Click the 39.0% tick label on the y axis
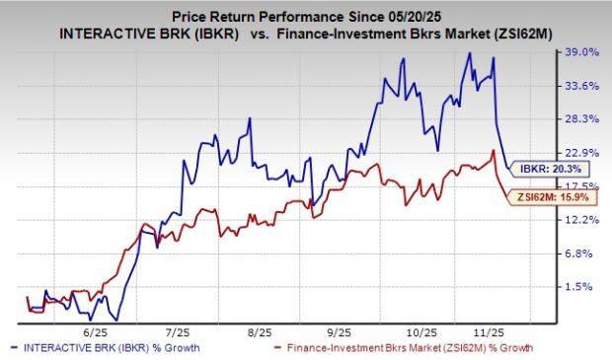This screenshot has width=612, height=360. (x=582, y=52)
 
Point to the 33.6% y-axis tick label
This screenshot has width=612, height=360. (x=582, y=86)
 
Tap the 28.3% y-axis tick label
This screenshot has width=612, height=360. (x=582, y=119)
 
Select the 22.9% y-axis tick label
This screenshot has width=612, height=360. (x=582, y=153)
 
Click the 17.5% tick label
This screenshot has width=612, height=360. (x=582, y=186)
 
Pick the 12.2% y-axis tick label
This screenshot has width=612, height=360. (x=582, y=220)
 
